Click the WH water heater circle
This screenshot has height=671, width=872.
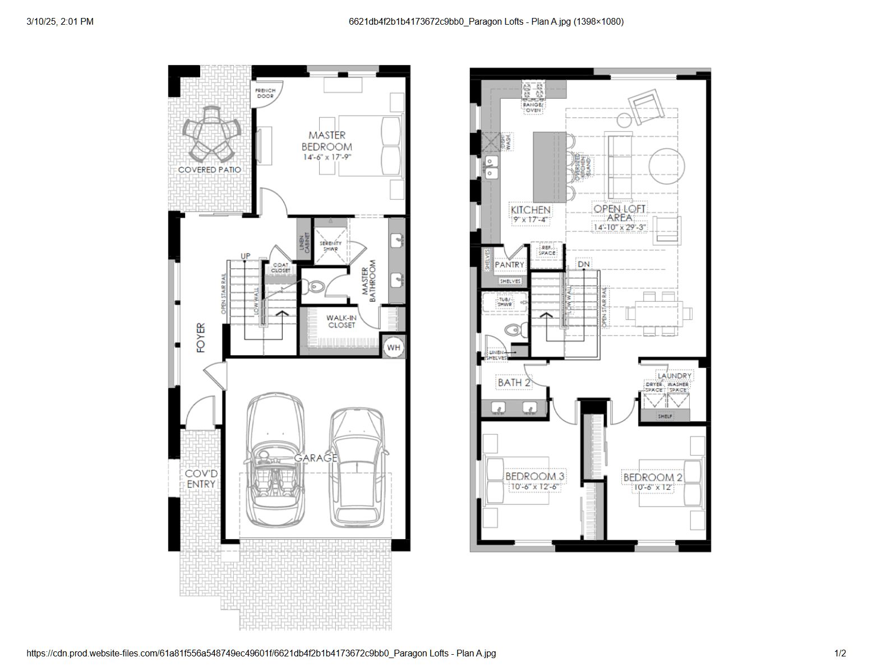394,347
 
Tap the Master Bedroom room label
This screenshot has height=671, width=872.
327,141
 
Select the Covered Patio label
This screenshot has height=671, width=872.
209,169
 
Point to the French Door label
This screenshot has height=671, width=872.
265,93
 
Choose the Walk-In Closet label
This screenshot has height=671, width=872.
342,321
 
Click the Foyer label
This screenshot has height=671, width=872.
201,338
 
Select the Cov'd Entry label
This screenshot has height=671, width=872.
201,479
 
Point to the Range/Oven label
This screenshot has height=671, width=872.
533,107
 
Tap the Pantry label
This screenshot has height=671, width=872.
509,265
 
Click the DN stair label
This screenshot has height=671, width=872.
583,264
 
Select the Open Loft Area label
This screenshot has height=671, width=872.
620,213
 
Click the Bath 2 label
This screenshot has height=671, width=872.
514,383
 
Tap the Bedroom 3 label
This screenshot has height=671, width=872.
534,476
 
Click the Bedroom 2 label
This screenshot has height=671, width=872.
653,477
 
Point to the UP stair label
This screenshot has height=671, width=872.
246,256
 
